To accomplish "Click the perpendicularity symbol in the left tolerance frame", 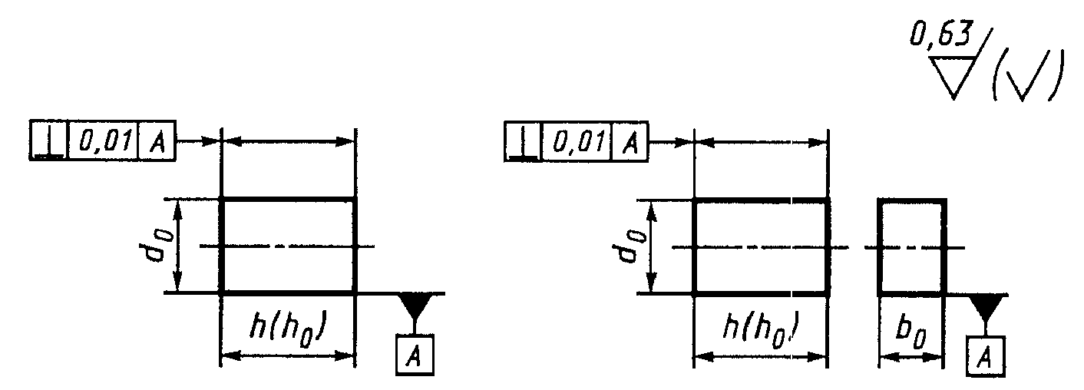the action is pyautogui.click(x=49, y=140).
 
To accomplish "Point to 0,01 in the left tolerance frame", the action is pyautogui.click(x=104, y=140).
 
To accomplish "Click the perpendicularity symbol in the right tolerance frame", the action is pyautogui.click(x=523, y=142).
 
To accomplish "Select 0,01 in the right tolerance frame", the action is pyautogui.click(x=578, y=142).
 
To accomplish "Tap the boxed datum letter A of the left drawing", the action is pyautogui.click(x=415, y=355).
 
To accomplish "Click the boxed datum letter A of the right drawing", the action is pyautogui.click(x=985, y=356).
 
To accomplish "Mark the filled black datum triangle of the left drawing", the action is pyautogui.click(x=415, y=305).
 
